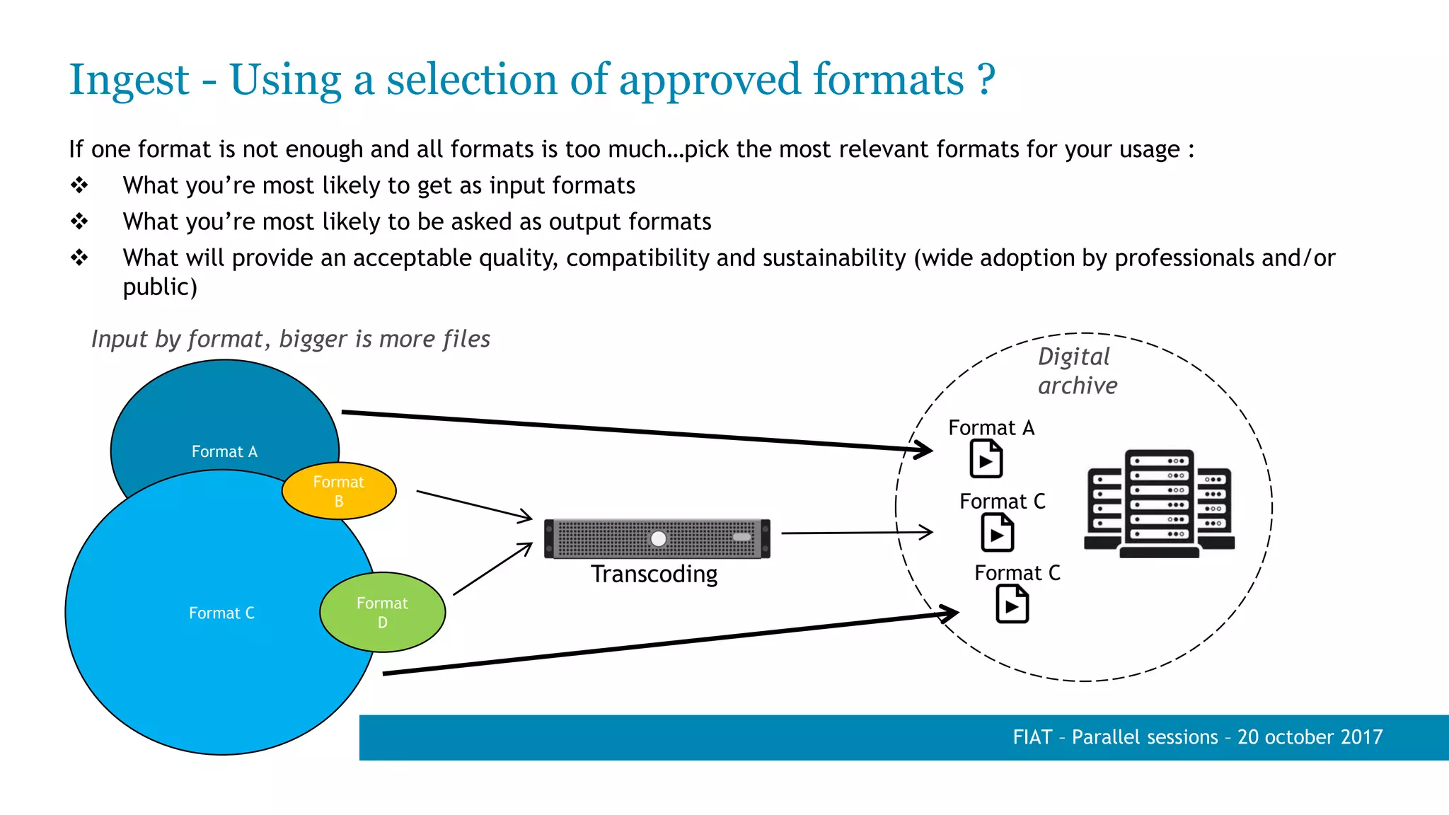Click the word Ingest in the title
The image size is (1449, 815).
coord(129,80)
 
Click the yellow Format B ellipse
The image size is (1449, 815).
coord(339,491)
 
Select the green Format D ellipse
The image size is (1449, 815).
coord(382,612)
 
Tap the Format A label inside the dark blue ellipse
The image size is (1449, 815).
coord(224,451)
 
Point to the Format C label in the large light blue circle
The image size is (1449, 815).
coord(221,613)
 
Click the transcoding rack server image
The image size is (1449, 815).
coord(657,539)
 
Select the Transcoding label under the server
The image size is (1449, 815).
coord(654,574)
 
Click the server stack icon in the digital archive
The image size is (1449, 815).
coord(1159,503)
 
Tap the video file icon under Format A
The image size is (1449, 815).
coord(986,458)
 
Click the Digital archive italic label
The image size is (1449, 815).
coord(1076,371)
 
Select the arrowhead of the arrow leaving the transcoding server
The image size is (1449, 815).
coord(928,532)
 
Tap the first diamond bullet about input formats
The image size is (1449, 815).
coord(79,185)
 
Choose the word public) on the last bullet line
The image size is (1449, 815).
coord(160,287)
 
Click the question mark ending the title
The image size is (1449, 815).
coord(986,80)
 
